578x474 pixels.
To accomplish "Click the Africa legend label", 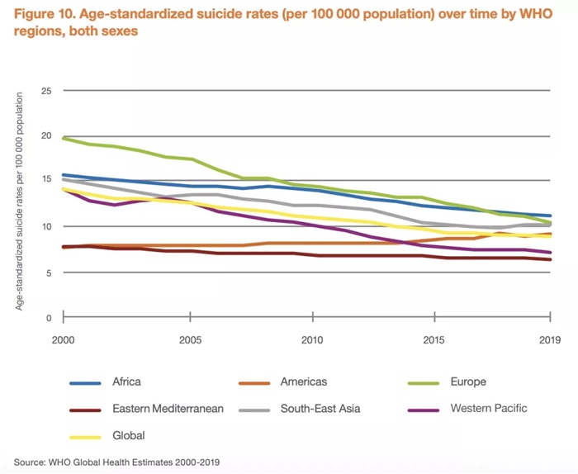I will pyautogui.click(x=126, y=382).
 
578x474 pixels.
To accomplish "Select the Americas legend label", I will pyautogui.click(x=304, y=382).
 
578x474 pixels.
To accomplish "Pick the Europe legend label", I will pyautogui.click(x=468, y=382).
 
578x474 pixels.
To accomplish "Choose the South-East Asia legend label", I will pyautogui.click(x=320, y=408).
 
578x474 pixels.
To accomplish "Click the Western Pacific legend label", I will pyautogui.click(x=489, y=408).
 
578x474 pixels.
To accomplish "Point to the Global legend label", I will pyautogui.click(x=128, y=435).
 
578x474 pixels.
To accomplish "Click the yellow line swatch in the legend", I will pyautogui.click(x=85, y=436).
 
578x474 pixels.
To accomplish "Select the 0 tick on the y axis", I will pyautogui.click(x=49, y=318).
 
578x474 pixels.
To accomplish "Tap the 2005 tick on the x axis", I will pyautogui.click(x=190, y=339).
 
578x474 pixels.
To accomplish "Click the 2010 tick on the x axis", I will pyautogui.click(x=311, y=339).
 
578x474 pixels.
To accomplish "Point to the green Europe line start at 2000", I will pyautogui.click(x=64, y=138).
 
